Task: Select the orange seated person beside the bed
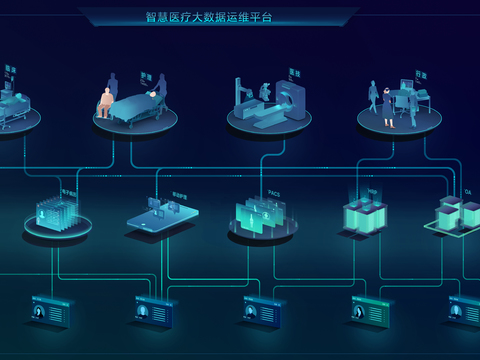click(106, 101)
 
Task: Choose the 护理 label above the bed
click(147, 76)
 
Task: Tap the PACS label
click(274, 192)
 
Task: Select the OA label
click(467, 191)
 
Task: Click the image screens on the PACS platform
click(262, 215)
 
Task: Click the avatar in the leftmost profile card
click(37, 312)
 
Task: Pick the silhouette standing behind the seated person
click(113, 83)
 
